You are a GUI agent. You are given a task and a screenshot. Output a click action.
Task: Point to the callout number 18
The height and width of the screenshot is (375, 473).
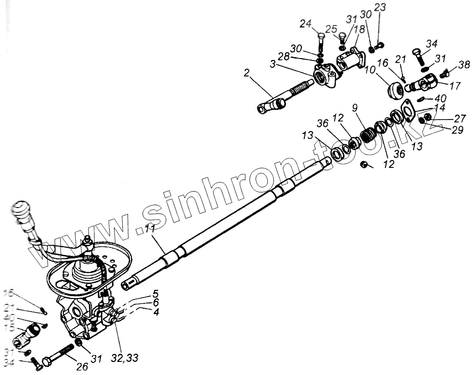tap(359, 29)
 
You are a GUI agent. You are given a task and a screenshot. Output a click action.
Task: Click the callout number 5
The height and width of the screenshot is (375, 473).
tap(156, 293)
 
